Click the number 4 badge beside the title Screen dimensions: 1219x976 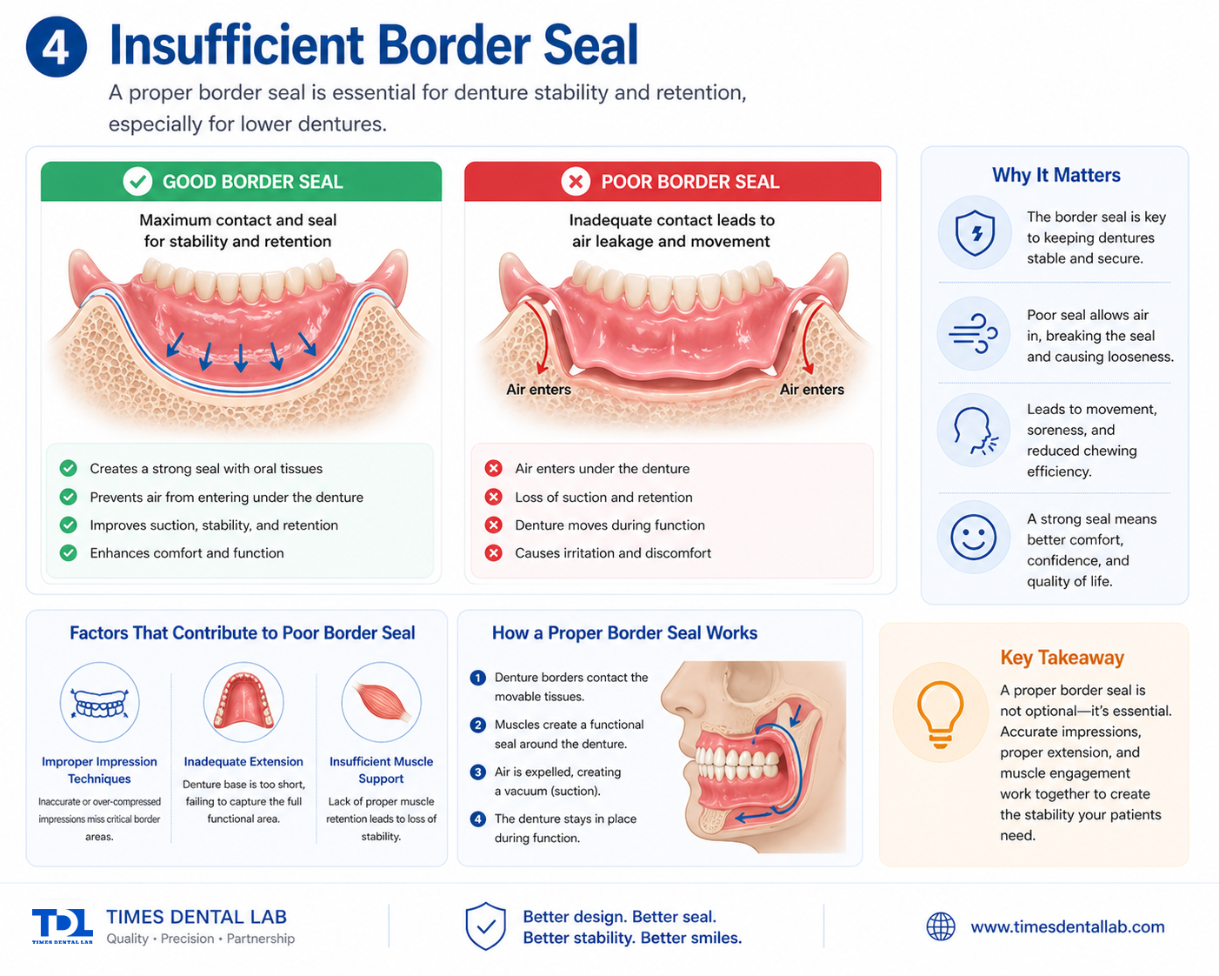pos(56,47)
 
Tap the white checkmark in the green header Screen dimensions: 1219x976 pos(137,182)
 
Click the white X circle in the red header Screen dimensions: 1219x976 pos(576,182)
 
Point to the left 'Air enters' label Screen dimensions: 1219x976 pos(538,390)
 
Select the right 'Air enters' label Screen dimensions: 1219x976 pos(812,390)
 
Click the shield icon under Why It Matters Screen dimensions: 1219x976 pos(975,233)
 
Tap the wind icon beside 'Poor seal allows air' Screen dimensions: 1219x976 pos(973,333)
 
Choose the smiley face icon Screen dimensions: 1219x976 pos(973,537)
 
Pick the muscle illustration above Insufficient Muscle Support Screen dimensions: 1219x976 pos(381,702)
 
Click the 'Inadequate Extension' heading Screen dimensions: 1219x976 pos(243,761)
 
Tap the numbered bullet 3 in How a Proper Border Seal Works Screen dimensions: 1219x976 pos(478,772)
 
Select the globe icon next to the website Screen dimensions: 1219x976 pos(940,926)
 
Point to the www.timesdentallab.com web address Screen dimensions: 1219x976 pos(1068,926)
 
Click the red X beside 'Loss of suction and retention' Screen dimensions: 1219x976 pos(493,497)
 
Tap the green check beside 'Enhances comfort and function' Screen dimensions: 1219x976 pos(69,552)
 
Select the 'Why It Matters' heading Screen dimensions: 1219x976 pos(1056,175)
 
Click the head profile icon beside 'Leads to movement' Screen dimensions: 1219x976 pos(975,431)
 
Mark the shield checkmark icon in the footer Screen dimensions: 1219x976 pos(485,926)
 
